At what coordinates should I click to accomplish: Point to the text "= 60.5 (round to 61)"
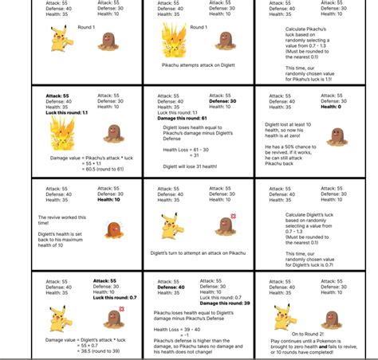[x=84, y=168]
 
